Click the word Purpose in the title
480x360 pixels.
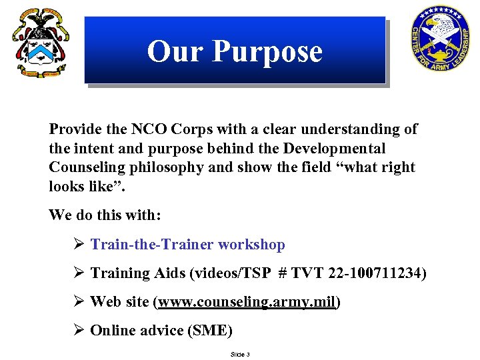(x=266, y=51)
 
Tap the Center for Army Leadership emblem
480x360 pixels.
(x=441, y=39)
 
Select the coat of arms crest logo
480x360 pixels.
(x=39, y=43)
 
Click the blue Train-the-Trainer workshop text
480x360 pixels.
(x=187, y=245)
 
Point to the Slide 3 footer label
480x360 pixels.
(x=240, y=355)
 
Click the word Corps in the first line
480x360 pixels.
(x=191, y=129)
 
